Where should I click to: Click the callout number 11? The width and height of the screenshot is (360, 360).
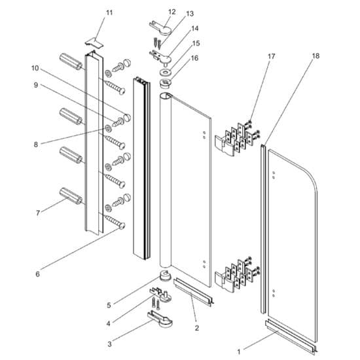coord(109,12)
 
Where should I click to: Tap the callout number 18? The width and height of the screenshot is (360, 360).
coord(316,56)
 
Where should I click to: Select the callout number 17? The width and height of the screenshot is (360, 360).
coord(272,56)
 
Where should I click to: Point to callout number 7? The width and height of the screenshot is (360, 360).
coord(38,212)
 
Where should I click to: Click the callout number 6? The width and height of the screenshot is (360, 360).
coord(37,274)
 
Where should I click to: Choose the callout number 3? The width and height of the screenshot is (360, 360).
coord(109,343)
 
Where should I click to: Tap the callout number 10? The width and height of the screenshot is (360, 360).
coord(35,67)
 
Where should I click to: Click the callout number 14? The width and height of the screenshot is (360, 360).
coord(195,29)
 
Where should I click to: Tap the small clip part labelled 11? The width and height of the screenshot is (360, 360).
coord(96,41)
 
